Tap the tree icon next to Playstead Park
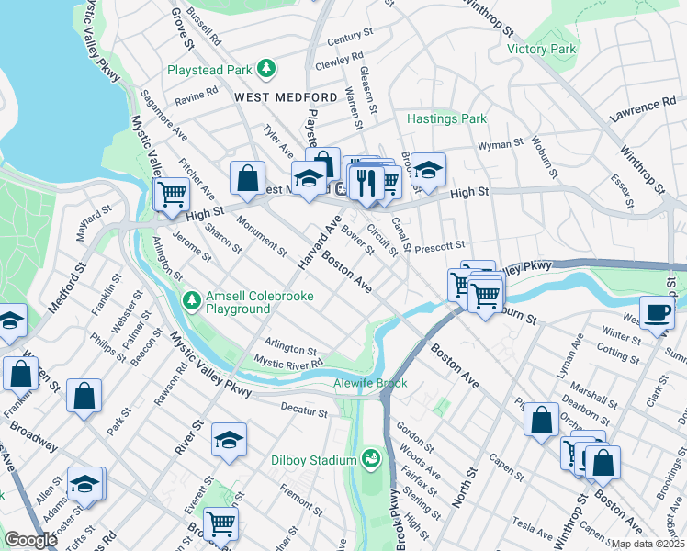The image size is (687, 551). tap(265, 69)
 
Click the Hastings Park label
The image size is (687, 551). tap(446, 118)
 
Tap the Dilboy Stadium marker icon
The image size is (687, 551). tap(371, 456)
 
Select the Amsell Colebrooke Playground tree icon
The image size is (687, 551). tap(191, 299)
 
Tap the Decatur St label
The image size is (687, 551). tap(303, 413)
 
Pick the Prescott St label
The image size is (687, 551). tap(440, 247)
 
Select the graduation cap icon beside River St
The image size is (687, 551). tap(229, 440)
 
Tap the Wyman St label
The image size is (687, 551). tap(501, 144)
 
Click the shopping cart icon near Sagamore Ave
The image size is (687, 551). tap(171, 194)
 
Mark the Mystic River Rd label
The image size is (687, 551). tap(288, 364)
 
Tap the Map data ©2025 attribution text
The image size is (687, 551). tap(647, 544)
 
